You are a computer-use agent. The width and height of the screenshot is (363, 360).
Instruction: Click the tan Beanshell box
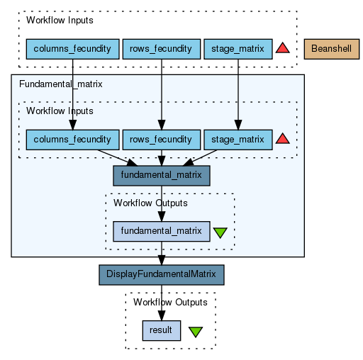point(332,49)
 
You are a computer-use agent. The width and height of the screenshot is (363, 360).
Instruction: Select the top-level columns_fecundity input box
point(72,49)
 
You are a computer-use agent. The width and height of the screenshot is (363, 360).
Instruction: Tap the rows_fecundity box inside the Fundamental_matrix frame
point(162,140)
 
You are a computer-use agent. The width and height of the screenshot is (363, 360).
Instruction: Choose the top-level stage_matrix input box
point(238,49)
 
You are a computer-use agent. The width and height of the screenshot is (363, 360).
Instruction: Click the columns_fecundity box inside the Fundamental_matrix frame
point(72,140)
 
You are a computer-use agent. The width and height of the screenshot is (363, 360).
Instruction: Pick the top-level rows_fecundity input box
point(162,49)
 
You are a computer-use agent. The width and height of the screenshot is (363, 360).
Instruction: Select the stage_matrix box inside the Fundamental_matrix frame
point(238,140)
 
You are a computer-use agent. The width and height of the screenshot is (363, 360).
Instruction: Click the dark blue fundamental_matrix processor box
point(162,176)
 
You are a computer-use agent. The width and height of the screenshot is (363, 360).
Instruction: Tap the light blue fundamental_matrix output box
point(162,231)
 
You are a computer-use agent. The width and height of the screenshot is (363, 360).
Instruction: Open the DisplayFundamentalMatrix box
point(162,275)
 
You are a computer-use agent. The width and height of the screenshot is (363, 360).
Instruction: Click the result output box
point(162,330)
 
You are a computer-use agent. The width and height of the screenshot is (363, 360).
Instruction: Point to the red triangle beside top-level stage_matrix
point(282,48)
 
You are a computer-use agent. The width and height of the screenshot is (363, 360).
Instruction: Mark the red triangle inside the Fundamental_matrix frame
point(282,139)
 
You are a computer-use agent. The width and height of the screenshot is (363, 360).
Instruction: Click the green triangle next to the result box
point(196,332)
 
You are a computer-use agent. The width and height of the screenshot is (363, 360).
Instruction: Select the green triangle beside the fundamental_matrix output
point(220,232)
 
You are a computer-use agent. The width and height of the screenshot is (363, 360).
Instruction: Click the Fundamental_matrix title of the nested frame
point(61,84)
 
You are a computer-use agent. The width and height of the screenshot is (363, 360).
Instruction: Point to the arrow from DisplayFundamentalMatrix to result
point(162,303)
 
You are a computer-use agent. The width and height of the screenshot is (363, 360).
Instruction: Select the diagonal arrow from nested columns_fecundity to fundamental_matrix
point(117,158)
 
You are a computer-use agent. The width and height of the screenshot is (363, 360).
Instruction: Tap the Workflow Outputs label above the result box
point(170,303)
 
